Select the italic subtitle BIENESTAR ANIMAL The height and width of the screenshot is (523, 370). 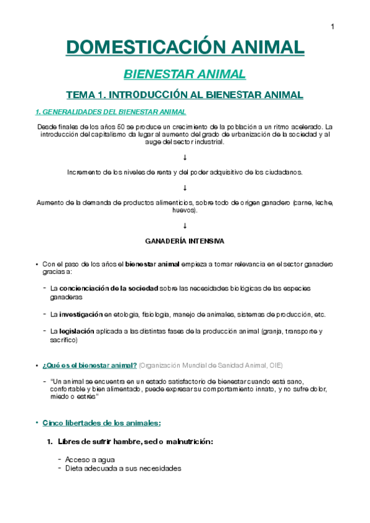point(185,75)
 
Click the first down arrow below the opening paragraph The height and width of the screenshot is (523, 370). point(185,158)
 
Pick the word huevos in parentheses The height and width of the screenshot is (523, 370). point(185,210)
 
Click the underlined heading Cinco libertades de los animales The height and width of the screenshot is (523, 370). point(101,423)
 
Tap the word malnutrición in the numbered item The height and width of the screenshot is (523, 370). point(188,442)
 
